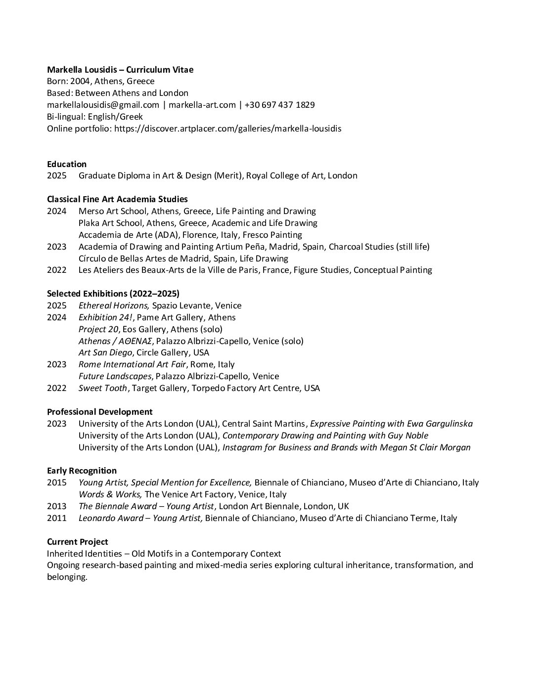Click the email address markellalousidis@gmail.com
103,105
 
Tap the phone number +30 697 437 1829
279,105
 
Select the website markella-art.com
202,105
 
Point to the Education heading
67,164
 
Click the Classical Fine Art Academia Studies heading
117,199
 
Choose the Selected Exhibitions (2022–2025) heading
113,294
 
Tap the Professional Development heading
99,412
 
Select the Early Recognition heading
82,471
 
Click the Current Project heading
77,542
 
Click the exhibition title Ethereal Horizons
114,305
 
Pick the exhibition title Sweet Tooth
103,388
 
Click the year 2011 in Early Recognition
56,518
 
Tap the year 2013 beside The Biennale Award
56,506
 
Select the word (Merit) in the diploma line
227,175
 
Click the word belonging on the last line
67,577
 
